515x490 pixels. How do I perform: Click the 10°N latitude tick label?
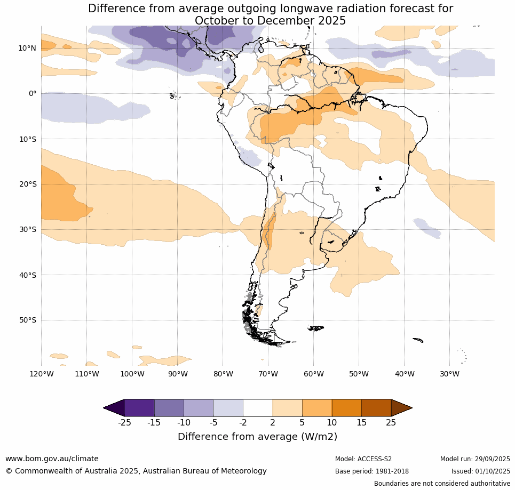pyautogui.click(x=27, y=48)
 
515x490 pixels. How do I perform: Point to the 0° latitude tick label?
pyautogui.click(x=32, y=93)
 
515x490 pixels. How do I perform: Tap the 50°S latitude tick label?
pyautogui.click(x=27, y=320)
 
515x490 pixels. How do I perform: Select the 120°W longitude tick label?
pyautogui.click(x=42, y=374)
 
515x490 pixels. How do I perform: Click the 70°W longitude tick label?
pyautogui.click(x=268, y=374)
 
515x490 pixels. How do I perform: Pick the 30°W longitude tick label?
pyautogui.click(x=450, y=374)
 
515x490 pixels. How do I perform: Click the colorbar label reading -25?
pyautogui.click(x=124, y=423)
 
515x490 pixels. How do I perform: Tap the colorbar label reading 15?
pyautogui.click(x=361, y=423)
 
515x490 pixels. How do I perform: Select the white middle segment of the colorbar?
pyautogui.click(x=258, y=408)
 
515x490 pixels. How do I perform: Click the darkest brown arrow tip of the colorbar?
pyautogui.click(x=403, y=408)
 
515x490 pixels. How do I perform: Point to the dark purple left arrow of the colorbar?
pyautogui.click(x=113, y=408)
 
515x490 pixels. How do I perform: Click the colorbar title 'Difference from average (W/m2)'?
pyautogui.click(x=257, y=437)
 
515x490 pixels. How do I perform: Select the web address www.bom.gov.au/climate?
pyautogui.click(x=52, y=459)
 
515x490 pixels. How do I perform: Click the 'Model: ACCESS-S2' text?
pyautogui.click(x=363, y=459)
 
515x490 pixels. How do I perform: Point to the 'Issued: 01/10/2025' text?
pyautogui.click(x=481, y=471)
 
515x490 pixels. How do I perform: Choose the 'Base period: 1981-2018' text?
pyautogui.click(x=372, y=471)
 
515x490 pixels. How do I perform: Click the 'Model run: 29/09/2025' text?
pyautogui.click(x=475, y=459)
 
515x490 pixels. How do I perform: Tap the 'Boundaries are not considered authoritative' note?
pyautogui.click(x=442, y=484)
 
